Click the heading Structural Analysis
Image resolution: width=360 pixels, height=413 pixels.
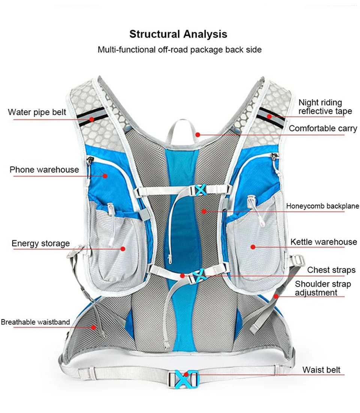pyautogui.click(x=178, y=34)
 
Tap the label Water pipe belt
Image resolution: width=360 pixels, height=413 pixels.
pyautogui.click(x=37, y=112)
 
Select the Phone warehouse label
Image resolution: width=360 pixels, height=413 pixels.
pyautogui.click(x=44, y=170)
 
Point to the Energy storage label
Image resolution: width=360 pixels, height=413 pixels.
pyautogui.click(x=40, y=243)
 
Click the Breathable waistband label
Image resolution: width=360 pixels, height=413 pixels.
pyautogui.click(x=35, y=322)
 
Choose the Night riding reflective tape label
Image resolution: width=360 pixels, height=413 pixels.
pyautogui.click(x=325, y=107)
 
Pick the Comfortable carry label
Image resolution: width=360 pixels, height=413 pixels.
pyautogui.click(x=323, y=128)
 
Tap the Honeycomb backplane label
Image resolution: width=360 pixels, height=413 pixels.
pyautogui.click(x=322, y=206)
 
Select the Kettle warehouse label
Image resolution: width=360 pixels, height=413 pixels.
pyautogui.click(x=324, y=242)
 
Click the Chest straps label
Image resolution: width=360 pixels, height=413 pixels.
pyautogui.click(x=331, y=270)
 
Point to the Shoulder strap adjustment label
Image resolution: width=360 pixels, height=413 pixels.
pyautogui.click(x=322, y=288)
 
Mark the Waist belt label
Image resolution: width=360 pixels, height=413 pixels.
pyautogui.click(x=321, y=370)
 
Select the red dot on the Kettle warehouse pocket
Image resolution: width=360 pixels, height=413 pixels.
pyautogui.click(x=253, y=247)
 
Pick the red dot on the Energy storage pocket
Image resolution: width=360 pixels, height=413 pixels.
pyautogui.click(x=123, y=248)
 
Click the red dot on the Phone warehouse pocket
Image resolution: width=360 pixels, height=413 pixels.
pyautogui.click(x=105, y=176)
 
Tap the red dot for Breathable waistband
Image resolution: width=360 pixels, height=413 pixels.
pyautogui.click(x=93, y=327)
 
